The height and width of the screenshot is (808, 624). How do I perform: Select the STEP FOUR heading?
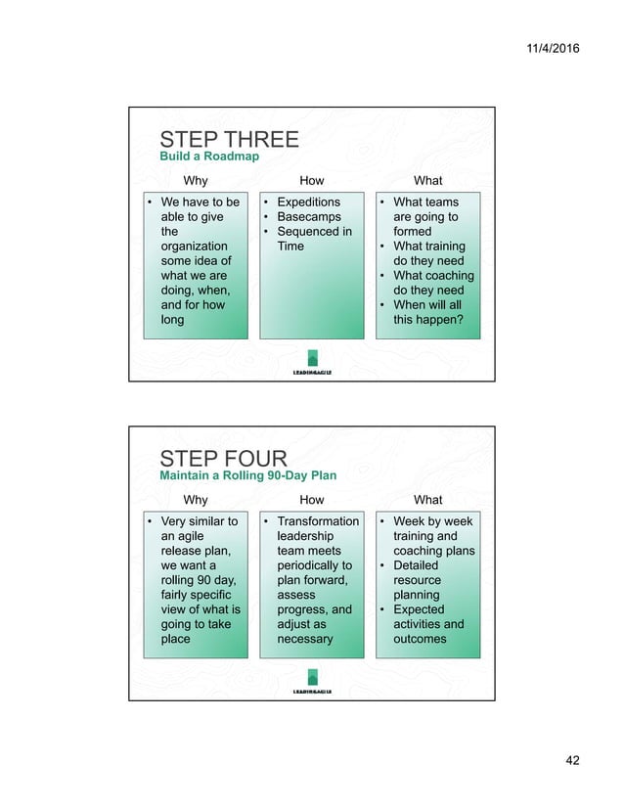(223, 459)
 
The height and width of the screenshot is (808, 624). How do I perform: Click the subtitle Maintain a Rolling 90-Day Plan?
(247, 475)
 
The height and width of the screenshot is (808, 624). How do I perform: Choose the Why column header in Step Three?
(196, 180)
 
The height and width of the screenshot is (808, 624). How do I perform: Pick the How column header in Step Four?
(311, 500)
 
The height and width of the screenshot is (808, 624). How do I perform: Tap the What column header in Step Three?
(427, 180)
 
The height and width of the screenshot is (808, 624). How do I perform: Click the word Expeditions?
(308, 202)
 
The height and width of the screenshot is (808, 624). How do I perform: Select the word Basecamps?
(308, 217)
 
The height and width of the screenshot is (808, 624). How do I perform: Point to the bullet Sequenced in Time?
(313, 239)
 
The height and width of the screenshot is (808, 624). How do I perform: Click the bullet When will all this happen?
(427, 312)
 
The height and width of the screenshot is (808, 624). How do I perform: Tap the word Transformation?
(318, 521)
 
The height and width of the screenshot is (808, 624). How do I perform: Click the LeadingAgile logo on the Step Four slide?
(312, 682)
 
